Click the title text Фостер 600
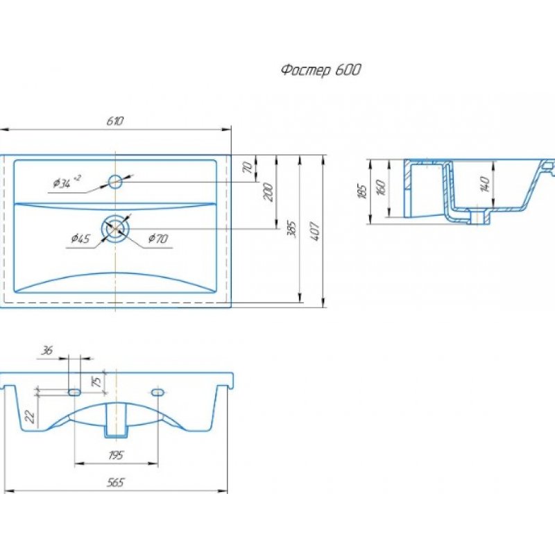321,71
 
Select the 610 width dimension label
115,121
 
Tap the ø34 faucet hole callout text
67,182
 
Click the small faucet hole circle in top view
115,182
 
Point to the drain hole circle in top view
116,228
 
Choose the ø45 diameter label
80,239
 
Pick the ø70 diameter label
158,239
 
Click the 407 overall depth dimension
315,232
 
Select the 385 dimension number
292,230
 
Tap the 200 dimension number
268,192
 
